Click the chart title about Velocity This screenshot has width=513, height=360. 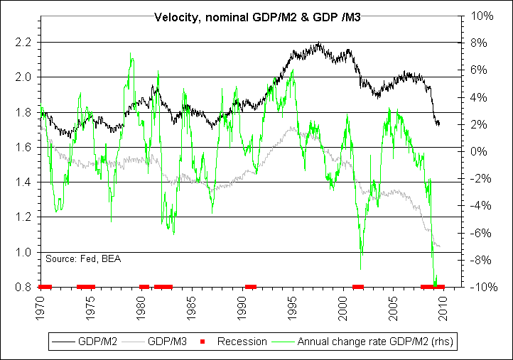point(257,16)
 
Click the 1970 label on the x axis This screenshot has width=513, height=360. point(40,307)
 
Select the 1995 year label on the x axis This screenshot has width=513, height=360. point(293,307)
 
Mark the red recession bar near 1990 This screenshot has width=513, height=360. point(250,287)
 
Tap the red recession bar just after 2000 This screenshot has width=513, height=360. point(358,287)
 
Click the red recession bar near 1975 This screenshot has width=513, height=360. point(86,287)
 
